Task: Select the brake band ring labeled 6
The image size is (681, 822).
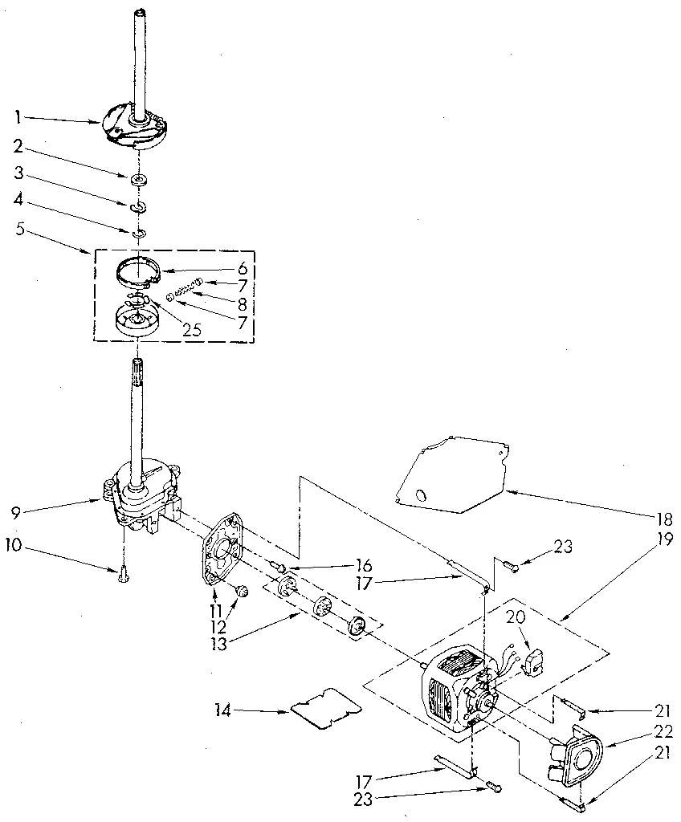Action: coord(136,271)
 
